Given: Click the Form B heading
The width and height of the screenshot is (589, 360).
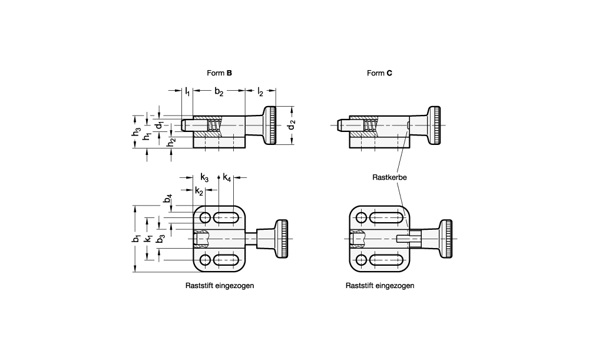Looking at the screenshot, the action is pos(219,73).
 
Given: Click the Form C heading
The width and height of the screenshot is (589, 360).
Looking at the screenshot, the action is pos(379,73).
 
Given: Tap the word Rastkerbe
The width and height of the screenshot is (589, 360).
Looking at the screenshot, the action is pos(389,177).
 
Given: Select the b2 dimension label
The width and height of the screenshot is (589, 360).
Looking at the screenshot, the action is pos(219,92).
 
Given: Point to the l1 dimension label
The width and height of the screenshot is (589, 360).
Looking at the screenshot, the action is pos(187,92).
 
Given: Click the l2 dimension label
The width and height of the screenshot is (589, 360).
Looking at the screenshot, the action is pos(260,92).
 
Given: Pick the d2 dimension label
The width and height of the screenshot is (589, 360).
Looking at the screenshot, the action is pos(292,124).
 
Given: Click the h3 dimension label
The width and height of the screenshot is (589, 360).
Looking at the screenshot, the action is pos(136,133).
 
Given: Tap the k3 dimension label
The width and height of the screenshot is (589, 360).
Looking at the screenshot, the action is pos(204,177).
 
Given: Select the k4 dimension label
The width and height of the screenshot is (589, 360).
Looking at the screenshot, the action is pos(227,177).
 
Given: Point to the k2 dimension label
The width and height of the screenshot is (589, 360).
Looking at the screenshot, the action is pos(199,191).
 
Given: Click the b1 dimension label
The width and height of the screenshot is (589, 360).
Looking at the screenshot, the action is pos(136,238).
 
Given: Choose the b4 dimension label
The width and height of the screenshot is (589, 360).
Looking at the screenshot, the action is pos(167,199).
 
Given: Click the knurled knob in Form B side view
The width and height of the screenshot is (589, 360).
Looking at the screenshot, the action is pos(270,125).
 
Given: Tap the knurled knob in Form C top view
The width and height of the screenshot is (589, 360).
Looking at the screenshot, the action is pos(445,239).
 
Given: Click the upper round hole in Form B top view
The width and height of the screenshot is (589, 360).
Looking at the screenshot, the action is pos(205,217).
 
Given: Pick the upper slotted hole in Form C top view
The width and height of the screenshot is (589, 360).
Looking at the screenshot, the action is pos(385,217).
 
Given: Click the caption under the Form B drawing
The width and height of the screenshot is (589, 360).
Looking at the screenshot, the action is pos(220,286).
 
